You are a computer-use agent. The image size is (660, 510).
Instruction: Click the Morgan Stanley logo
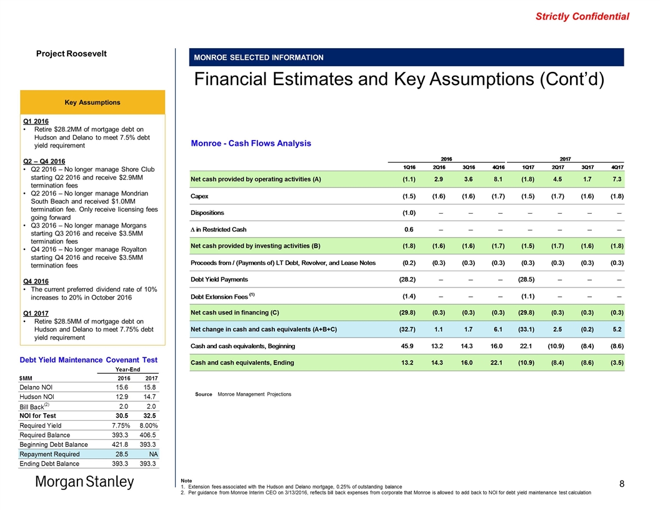(84, 482)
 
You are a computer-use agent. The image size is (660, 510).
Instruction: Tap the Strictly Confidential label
(582, 17)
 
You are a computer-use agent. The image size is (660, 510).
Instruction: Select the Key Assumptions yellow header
(93, 102)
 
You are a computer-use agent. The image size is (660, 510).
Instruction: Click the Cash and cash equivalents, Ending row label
(244, 362)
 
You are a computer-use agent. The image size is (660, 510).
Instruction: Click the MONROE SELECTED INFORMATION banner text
(259, 57)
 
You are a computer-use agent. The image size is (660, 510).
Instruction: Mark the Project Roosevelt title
(71, 54)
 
